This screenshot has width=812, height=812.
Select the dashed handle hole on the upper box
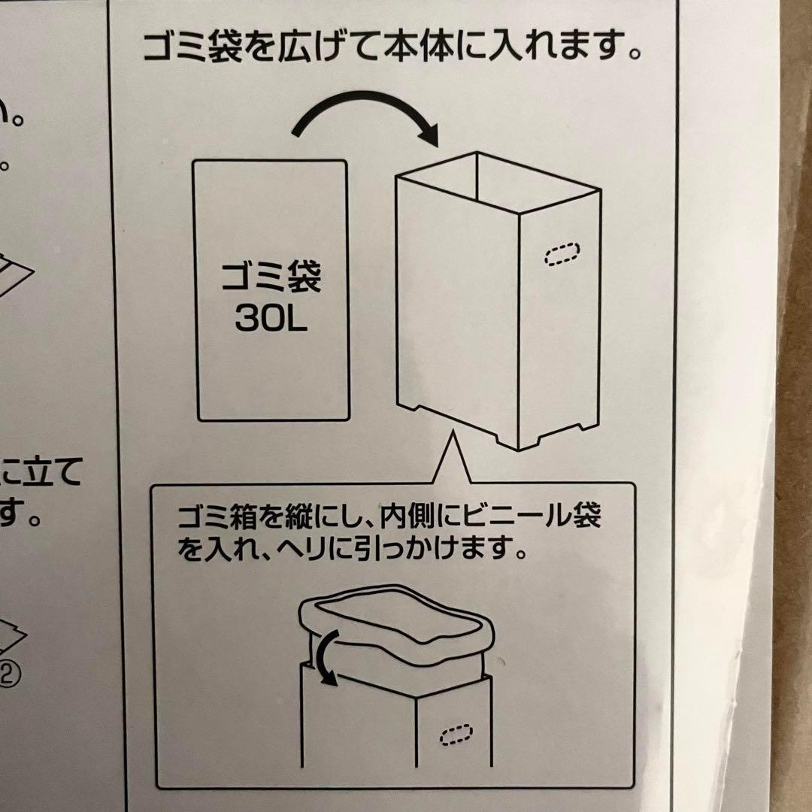point(562,255)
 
